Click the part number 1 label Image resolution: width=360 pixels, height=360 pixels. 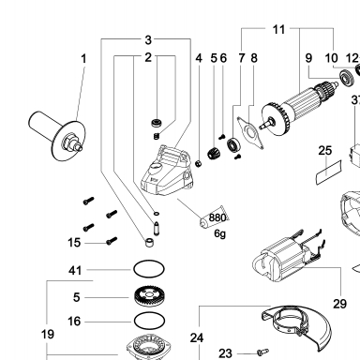click(83, 58)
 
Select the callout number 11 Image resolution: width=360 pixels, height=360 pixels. click(278, 30)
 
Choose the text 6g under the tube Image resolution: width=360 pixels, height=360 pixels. click(219, 233)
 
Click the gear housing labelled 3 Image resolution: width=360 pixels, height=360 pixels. click(167, 171)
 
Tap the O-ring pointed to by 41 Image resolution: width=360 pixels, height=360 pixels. click(149, 269)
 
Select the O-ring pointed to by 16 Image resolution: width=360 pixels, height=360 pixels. click(149, 321)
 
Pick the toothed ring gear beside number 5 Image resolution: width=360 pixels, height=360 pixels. click(149, 296)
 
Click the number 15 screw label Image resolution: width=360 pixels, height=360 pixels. click(74, 243)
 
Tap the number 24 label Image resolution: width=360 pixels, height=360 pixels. click(197, 337)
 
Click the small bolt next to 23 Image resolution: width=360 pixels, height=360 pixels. click(262, 352)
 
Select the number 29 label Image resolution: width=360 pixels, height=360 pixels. click(339, 304)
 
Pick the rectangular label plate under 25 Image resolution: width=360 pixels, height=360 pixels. click(329, 172)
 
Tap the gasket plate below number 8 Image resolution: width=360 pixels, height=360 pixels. click(250, 132)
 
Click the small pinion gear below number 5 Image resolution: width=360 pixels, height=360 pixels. click(214, 153)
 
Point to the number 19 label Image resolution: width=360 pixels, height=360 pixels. click(48, 335)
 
